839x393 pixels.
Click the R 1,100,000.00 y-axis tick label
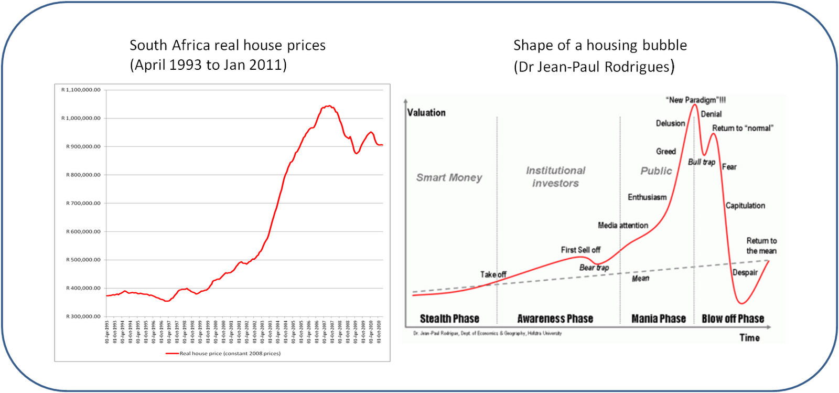[x=81, y=90]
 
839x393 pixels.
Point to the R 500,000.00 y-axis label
[x=83, y=260]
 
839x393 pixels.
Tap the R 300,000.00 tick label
[x=83, y=316]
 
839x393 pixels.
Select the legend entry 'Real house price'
[x=230, y=354]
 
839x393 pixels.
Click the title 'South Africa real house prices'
[x=228, y=46]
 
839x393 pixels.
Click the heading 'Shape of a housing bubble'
[x=600, y=46]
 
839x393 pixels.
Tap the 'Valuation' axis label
[x=426, y=113]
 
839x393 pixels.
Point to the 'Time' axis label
[x=749, y=338]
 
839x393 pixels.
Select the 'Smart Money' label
[x=449, y=178]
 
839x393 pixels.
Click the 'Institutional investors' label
[x=555, y=177]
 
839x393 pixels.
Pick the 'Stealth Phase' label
[x=449, y=319]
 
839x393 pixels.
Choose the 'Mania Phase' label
[x=658, y=319]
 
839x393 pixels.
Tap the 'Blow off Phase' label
[x=733, y=319]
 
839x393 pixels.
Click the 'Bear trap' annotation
[x=594, y=268]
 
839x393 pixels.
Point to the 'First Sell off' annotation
[x=580, y=250]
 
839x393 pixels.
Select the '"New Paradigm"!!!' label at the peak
[x=695, y=100]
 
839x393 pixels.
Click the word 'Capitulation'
[x=745, y=206]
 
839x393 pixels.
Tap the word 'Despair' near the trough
[x=745, y=272]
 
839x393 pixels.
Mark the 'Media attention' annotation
[x=623, y=226]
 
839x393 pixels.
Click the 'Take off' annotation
[x=493, y=274]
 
